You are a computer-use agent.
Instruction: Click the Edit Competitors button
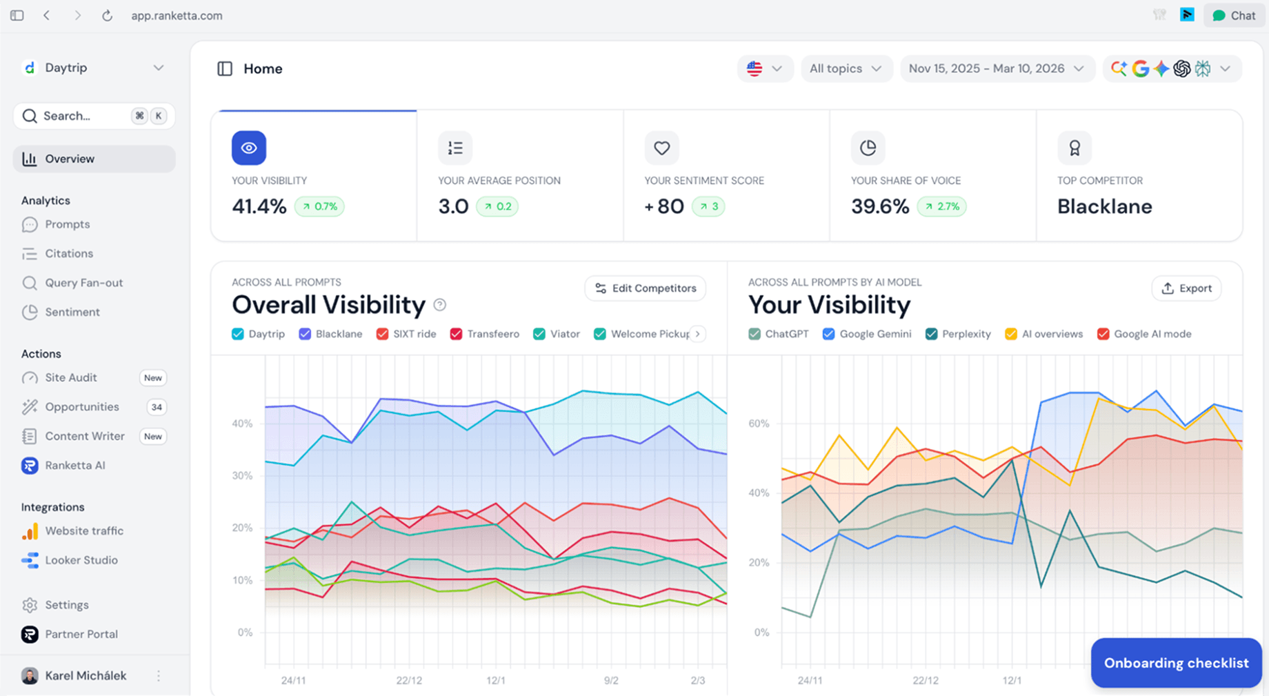646,288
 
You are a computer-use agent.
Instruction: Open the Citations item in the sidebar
69,253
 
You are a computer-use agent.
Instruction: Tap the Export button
1186,288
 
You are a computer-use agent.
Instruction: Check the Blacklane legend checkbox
305,334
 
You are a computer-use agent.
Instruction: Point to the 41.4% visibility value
259,206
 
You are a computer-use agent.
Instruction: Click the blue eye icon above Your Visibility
249,148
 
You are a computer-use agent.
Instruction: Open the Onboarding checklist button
1176,663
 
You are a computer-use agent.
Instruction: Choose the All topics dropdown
846,68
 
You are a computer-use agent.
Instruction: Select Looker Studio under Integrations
81,560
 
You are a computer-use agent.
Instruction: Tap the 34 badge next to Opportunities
157,407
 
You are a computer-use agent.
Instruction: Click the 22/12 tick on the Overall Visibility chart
409,680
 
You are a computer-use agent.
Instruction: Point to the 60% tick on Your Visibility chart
759,424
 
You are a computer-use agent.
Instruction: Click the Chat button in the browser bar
1234,15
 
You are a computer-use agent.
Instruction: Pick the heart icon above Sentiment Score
661,148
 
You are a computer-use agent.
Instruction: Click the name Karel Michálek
86,675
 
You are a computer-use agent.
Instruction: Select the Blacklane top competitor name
1104,206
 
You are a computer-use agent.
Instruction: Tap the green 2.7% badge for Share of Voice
941,206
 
